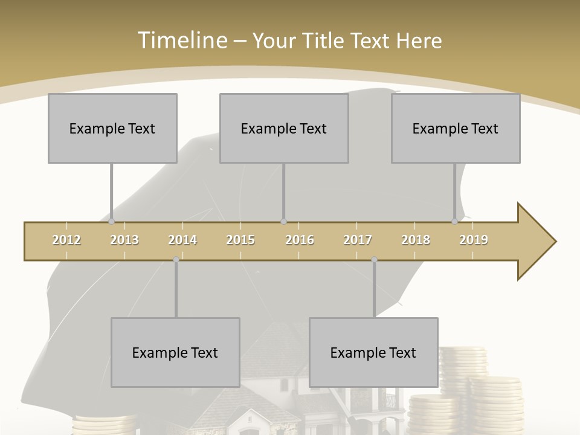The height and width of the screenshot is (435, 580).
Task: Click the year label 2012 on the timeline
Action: click(66, 240)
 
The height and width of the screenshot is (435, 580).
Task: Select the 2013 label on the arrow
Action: click(124, 240)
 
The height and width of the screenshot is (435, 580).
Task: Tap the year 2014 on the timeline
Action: click(182, 240)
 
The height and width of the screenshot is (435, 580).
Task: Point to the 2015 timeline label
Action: click(240, 240)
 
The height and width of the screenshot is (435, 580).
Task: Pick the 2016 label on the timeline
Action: click(300, 240)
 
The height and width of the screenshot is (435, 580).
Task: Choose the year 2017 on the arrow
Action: click(358, 240)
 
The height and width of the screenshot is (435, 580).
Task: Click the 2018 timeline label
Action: click(416, 240)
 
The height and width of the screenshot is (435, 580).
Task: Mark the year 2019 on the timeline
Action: click(474, 240)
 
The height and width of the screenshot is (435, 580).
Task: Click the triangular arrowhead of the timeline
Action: click(535, 242)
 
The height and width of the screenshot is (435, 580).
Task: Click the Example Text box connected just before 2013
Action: click(112, 128)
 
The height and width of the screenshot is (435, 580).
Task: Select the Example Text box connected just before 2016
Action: click(284, 128)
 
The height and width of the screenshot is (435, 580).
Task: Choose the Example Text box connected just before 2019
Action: click(456, 128)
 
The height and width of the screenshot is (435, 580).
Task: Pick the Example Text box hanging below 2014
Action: click(175, 352)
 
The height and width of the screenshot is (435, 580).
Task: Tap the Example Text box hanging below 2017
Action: click(373, 352)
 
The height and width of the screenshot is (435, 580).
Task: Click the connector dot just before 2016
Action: click(283, 222)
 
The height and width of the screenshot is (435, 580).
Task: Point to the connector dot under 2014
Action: click(176, 260)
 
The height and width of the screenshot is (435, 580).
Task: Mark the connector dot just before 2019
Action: click(455, 222)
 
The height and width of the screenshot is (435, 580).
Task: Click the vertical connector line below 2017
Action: click(374, 289)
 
